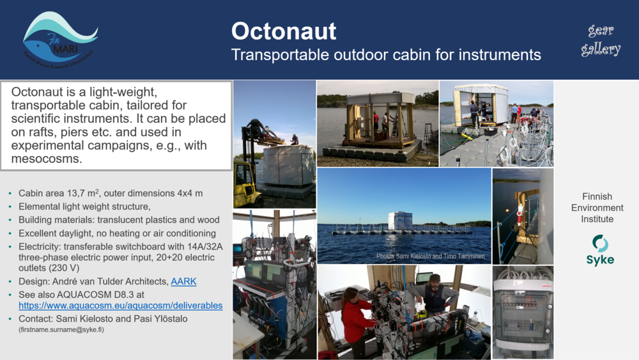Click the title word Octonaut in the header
pos(283,31)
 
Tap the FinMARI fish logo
pos(59,39)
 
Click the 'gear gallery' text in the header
pos(601,40)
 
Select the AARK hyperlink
pos(183,281)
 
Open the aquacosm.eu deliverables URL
pos(121,306)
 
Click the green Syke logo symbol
pos(600,243)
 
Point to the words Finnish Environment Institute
pos(597,208)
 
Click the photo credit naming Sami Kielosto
pos(430,256)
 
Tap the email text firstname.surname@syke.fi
pos(61,329)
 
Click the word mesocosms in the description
pos(54,159)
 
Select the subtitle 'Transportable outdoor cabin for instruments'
pos(386,55)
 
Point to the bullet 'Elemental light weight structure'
pos(84,207)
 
